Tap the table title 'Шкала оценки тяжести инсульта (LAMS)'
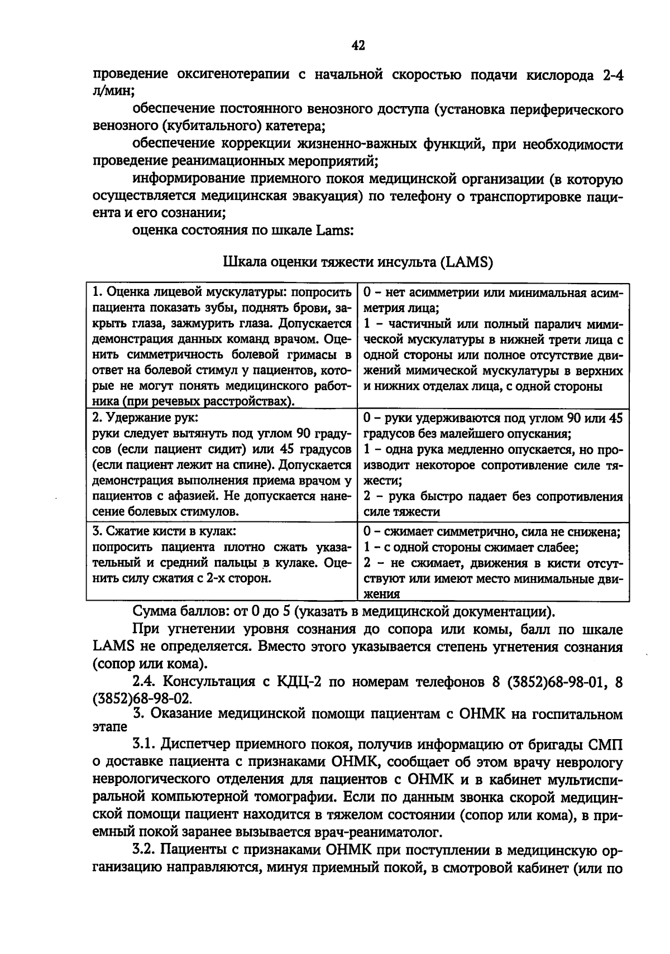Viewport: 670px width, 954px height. (357, 262)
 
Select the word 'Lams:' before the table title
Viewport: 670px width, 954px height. (334, 231)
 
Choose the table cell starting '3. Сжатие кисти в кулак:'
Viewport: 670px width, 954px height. (222, 554)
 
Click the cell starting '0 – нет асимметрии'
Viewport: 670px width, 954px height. (493, 339)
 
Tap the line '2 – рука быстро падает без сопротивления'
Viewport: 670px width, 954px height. (493, 497)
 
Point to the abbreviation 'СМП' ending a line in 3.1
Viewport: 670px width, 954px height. (608, 745)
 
